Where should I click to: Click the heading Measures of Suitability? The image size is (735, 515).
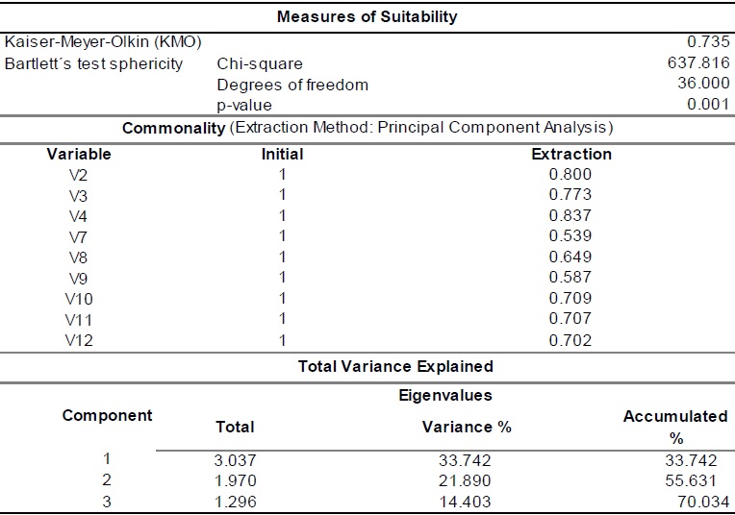click(x=367, y=16)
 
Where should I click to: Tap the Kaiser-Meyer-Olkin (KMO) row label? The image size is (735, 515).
click(x=103, y=42)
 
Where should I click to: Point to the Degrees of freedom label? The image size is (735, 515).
click(x=292, y=85)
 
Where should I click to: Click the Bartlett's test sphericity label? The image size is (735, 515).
click(x=93, y=63)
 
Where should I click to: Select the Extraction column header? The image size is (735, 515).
click(x=571, y=154)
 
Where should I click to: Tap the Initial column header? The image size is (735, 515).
click(x=282, y=154)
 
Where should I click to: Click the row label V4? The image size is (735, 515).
click(x=79, y=216)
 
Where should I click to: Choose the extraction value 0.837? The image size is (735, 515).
click(x=570, y=216)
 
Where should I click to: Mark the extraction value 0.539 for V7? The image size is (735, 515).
click(x=570, y=236)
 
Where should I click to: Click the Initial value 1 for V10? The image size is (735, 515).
click(x=282, y=299)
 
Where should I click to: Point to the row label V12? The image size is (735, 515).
click(x=79, y=340)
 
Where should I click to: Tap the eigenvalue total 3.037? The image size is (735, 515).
click(x=235, y=459)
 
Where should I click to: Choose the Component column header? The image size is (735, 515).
click(x=107, y=416)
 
